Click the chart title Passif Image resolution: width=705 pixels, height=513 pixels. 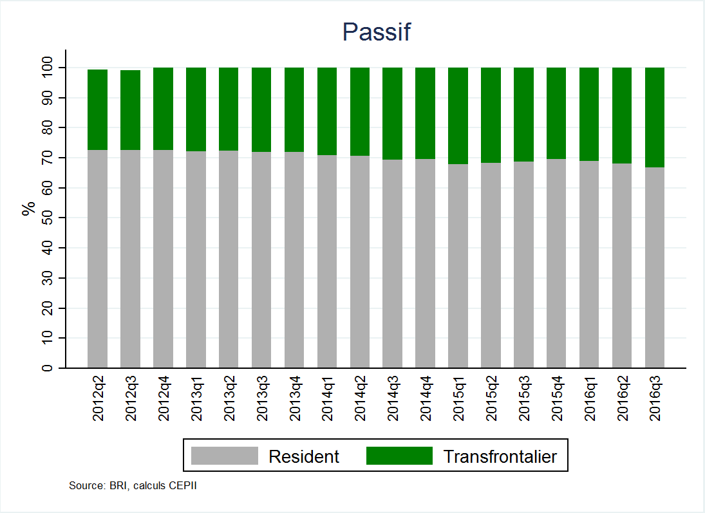click(376, 32)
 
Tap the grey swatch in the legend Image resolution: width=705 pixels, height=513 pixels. click(225, 456)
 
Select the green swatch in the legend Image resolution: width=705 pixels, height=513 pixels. click(399, 456)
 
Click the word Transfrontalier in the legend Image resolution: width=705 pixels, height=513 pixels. click(500, 456)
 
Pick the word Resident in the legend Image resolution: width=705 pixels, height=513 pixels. click(304, 456)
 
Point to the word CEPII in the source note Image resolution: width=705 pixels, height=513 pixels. click(182, 485)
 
